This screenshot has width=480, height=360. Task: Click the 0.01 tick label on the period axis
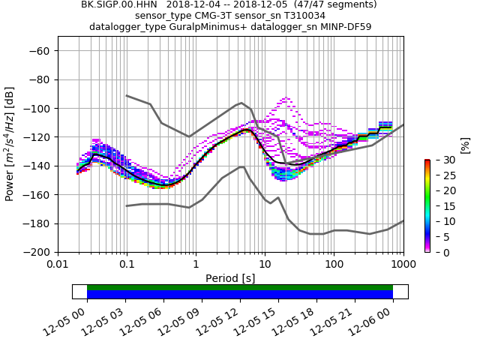tap(58, 265)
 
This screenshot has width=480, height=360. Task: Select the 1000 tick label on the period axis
tap(403, 265)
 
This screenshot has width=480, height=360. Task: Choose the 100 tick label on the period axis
tap(334, 265)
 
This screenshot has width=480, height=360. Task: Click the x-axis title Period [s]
tap(230, 278)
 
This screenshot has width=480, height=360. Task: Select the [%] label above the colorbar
tap(465, 145)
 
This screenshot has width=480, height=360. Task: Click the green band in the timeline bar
tap(240, 287)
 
